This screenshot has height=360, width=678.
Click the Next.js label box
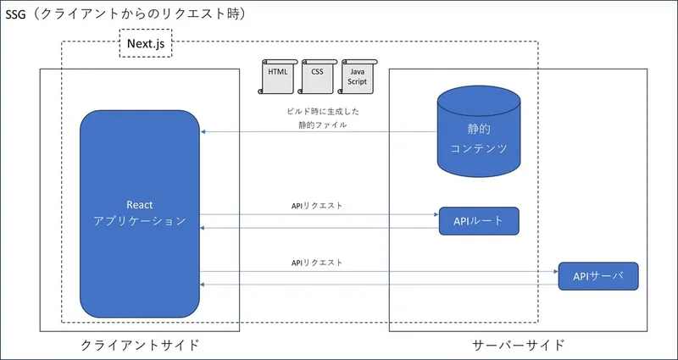[145, 42]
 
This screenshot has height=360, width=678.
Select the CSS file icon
[317, 78]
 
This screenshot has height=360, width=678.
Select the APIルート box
[478, 221]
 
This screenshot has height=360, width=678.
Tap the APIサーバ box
[597, 277]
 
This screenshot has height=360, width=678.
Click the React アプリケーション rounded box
[139, 213]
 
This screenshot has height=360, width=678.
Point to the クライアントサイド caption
[140, 345]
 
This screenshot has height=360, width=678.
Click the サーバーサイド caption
[518, 345]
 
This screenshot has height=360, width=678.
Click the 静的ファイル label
[316, 125]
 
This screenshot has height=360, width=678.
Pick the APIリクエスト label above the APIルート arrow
[316, 206]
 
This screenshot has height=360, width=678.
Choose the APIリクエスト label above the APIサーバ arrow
[316, 263]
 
